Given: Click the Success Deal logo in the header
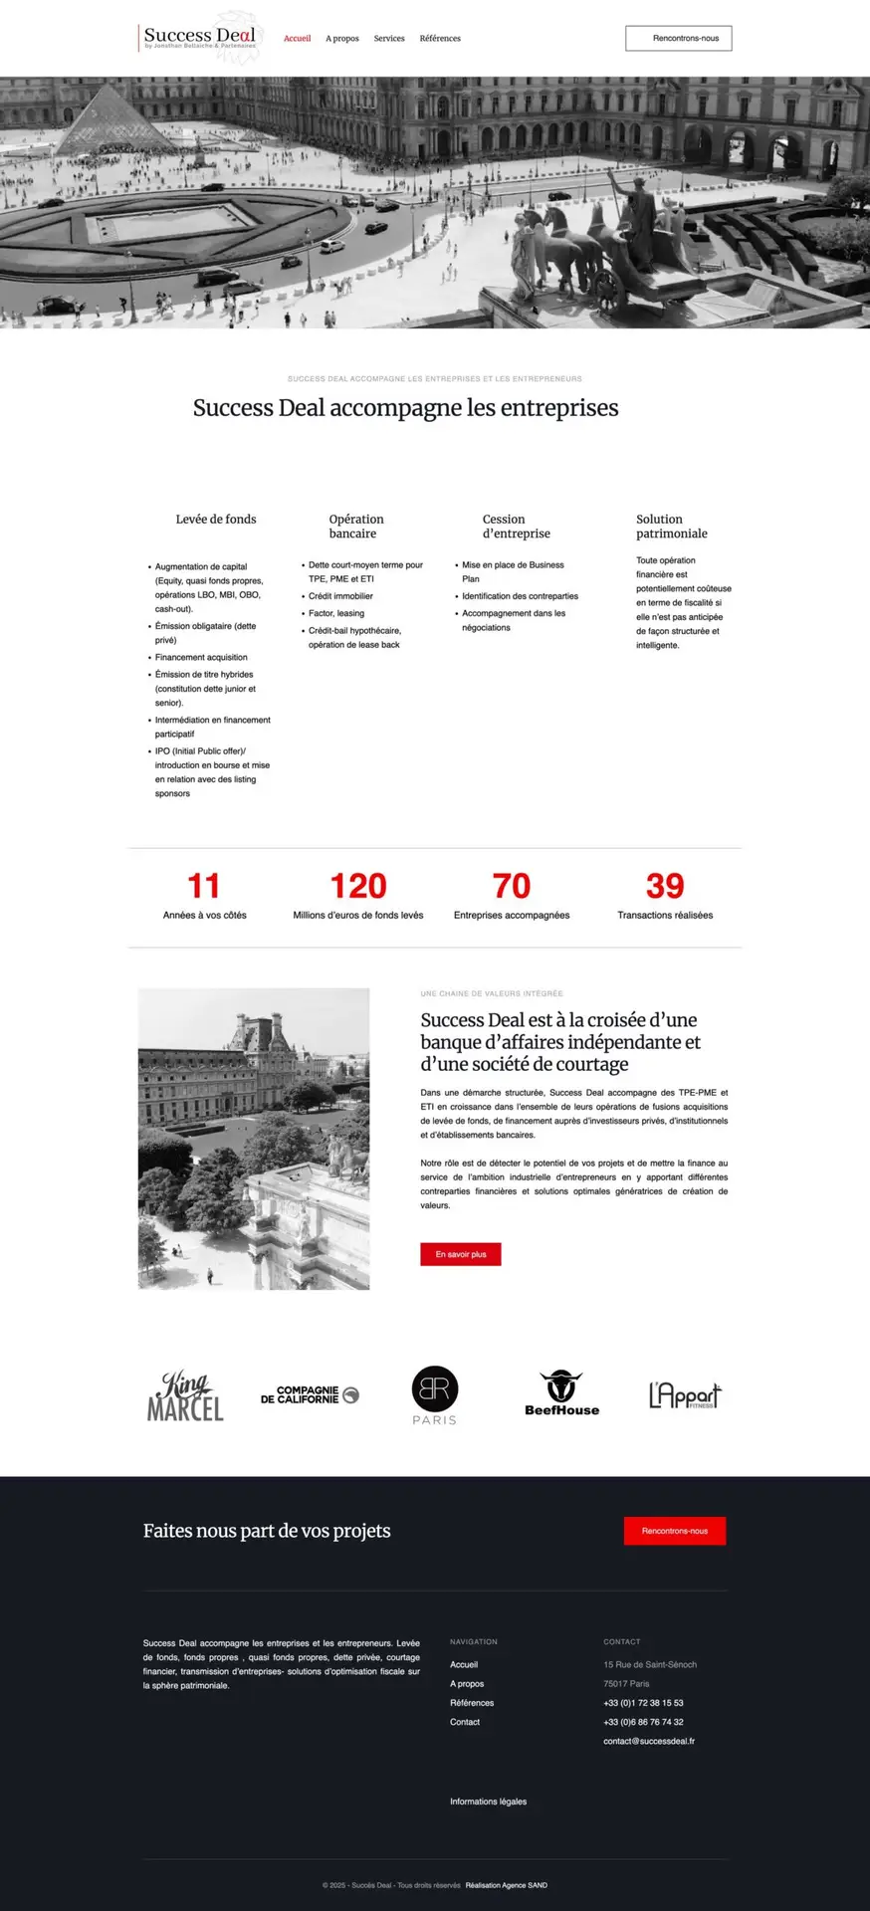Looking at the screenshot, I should click(199, 38).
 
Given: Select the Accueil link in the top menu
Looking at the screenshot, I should click(297, 39).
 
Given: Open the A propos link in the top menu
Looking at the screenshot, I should click(342, 39).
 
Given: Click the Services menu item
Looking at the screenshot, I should click(389, 39).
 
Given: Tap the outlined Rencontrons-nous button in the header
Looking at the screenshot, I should click(678, 39).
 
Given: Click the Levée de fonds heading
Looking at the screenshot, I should click(216, 520).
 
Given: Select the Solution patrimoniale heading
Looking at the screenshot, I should click(672, 527).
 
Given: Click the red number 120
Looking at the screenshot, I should click(358, 886).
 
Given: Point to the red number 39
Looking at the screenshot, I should click(665, 886).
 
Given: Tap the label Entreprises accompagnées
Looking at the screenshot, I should click(512, 916).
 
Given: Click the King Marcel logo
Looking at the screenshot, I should click(185, 1395).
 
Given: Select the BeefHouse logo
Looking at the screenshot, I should click(561, 1393).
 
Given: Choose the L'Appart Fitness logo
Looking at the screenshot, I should click(685, 1395).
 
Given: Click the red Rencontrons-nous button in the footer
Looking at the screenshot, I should click(675, 1531).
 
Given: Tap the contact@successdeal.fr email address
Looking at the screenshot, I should click(649, 1741).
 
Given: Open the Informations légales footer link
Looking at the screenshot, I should click(488, 1802).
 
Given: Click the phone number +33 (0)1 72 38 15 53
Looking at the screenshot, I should click(643, 1703).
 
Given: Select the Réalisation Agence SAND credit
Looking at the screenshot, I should click(506, 1885).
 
